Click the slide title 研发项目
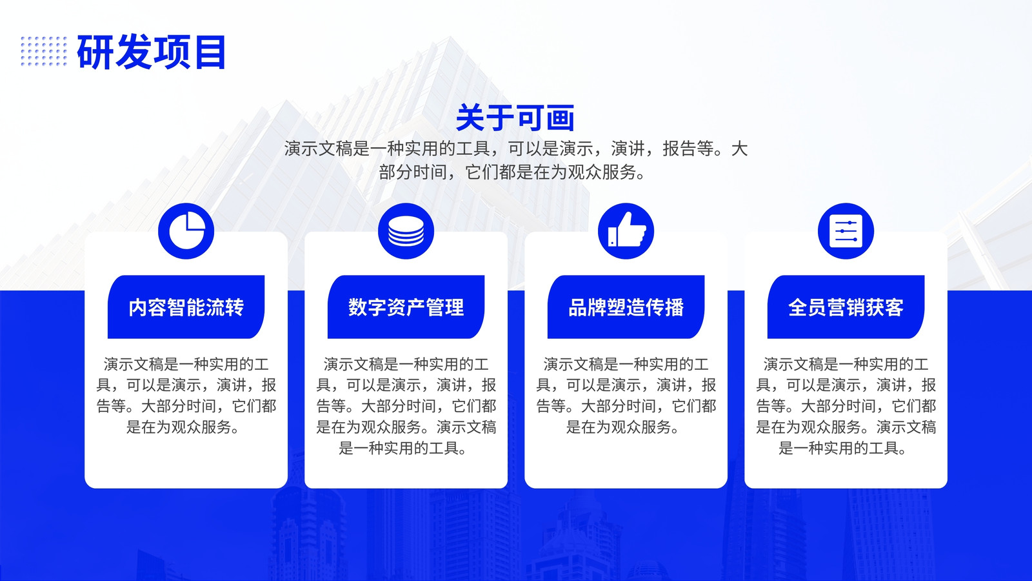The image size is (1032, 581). coord(151,52)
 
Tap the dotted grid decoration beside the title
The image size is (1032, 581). coord(44,51)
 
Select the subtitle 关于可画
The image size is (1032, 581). coord(515,117)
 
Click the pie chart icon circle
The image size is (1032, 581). coord(186,231)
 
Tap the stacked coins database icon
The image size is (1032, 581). coord(406,231)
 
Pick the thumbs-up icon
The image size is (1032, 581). coord(626,231)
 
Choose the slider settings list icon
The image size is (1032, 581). coord(846,231)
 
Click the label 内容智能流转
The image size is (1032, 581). coord(186,307)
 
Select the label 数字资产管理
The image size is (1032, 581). coord(406,307)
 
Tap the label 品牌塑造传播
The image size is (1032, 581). coord(626,307)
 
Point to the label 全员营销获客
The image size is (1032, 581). coord(846,307)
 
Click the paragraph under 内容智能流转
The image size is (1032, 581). coord(186,396)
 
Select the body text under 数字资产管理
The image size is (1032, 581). coord(406,406)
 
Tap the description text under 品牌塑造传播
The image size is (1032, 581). coord(626,396)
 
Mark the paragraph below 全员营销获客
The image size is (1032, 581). coord(846,406)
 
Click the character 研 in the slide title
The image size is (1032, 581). coord(95,52)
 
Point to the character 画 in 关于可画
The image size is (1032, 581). coord(561,118)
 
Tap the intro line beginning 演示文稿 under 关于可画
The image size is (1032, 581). coord(515,148)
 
